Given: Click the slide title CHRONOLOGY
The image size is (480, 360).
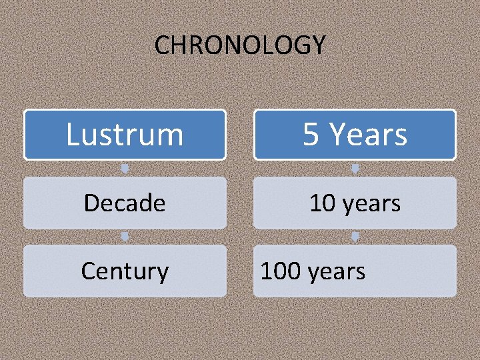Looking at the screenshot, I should coord(240,45).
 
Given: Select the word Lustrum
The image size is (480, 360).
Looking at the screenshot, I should coord(125,134).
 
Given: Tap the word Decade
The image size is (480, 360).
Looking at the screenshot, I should coord(125,203).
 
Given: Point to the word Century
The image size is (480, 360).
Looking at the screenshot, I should coord(125,271).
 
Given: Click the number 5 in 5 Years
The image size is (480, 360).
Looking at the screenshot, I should coord(311,134).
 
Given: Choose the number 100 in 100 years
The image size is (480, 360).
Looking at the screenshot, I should coord(281,271).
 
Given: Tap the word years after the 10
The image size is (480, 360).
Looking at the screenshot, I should coord(371,203).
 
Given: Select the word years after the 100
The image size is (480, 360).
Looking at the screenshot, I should coord(336,271).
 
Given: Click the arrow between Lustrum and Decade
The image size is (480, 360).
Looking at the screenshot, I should coord(125,168).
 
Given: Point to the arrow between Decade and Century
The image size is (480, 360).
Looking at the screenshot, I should coord(125,237).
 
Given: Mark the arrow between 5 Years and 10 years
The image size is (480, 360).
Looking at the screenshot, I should coord(355,168).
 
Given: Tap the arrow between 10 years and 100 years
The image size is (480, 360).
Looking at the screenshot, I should coord(355,237).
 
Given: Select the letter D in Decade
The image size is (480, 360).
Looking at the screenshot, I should coord(91,203).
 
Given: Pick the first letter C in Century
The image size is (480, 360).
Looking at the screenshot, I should coord(88,271).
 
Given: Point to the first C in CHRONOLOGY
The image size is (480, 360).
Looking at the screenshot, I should coord(162,45).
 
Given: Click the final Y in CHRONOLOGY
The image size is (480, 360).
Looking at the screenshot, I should coord(318,45).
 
